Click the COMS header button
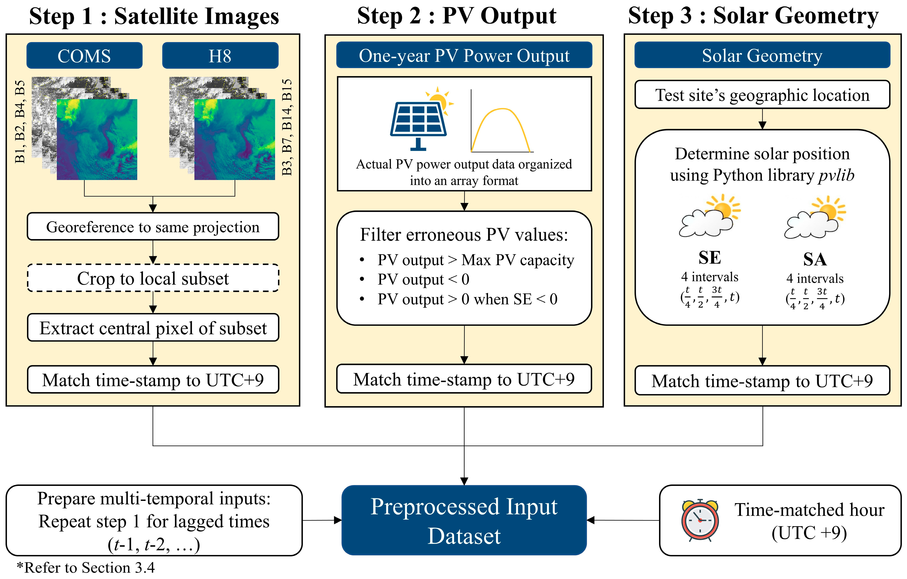tap(84, 56)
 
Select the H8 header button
tap(220, 56)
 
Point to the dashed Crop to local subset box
tap(153, 278)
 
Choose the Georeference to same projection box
tap(153, 227)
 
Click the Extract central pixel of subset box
tap(153, 328)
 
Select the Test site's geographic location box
tap(762, 95)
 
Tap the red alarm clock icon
tap(700, 520)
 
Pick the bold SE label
tap(710, 258)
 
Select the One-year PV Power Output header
tap(464, 56)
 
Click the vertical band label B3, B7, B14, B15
tap(287, 127)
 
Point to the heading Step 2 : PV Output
tap(457, 16)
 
